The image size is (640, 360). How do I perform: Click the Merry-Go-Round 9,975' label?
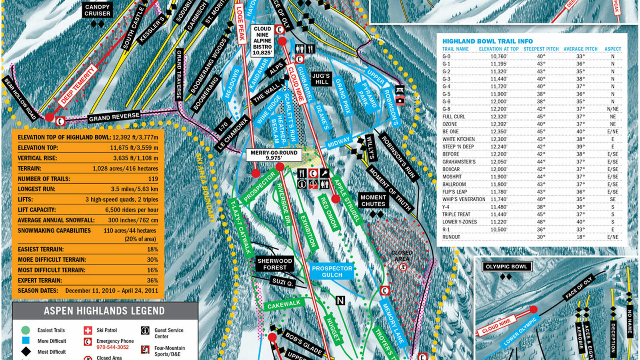click(274, 155)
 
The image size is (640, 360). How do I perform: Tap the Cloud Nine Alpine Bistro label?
click(262, 40)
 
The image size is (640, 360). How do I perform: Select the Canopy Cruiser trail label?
click(97, 10)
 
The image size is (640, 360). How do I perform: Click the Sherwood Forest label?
click(274, 264)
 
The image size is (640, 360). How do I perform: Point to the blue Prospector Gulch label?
click(332, 272)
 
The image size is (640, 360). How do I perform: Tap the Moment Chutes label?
click(373, 200)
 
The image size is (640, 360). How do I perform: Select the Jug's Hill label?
click(321, 79)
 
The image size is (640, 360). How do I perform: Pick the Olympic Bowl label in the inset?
click(506, 266)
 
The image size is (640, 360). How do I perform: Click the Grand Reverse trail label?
click(114, 117)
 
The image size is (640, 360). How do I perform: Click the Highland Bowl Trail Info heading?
click(487, 41)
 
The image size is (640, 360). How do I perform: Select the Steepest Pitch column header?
click(541, 49)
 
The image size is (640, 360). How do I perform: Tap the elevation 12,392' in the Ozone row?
click(499, 124)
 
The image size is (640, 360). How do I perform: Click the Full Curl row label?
click(454, 116)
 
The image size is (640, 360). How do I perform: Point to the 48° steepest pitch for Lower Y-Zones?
click(541, 222)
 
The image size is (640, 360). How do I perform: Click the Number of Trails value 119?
click(153, 179)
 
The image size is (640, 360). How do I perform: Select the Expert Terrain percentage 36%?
click(152, 280)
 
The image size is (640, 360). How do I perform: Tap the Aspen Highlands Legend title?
click(104, 311)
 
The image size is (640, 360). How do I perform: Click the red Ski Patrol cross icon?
click(88, 330)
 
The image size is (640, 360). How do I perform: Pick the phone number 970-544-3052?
click(112, 347)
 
